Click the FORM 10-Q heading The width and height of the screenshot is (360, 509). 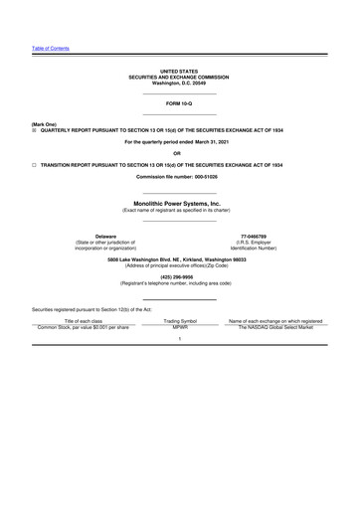[x=179, y=103]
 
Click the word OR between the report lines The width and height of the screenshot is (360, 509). [x=179, y=153]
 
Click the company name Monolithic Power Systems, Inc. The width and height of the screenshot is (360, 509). [x=179, y=203]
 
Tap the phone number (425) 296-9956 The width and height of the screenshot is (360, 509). [x=179, y=277]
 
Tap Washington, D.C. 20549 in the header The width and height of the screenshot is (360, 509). [x=179, y=84]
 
